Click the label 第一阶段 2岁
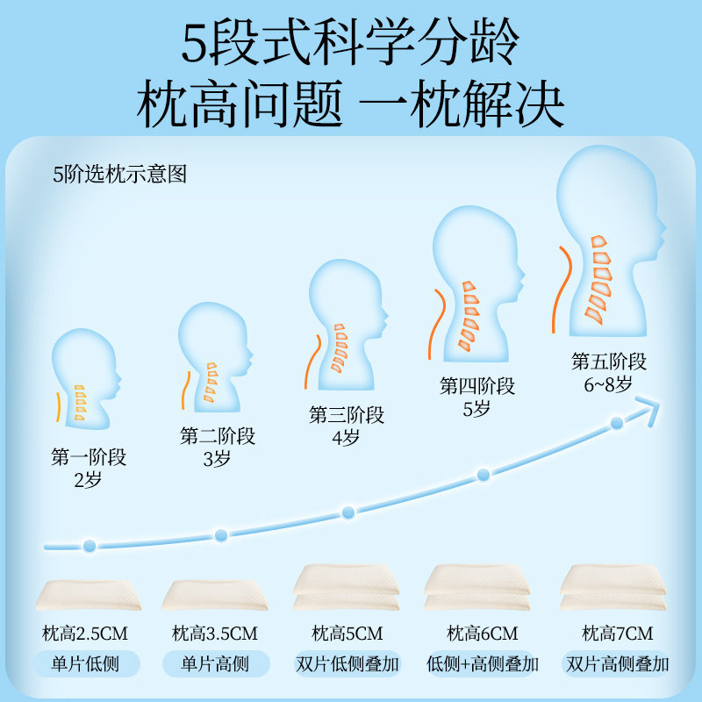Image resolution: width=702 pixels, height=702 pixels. click(x=89, y=469)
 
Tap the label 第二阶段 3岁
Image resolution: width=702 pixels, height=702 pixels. click(x=218, y=447)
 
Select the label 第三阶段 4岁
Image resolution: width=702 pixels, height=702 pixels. click(x=347, y=426)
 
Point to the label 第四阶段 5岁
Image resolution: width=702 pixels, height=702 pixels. click(x=477, y=397)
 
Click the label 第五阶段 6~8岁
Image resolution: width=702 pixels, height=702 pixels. click(x=609, y=372)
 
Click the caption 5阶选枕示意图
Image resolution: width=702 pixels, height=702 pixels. click(x=119, y=174)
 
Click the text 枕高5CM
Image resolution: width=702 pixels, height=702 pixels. click(x=347, y=634)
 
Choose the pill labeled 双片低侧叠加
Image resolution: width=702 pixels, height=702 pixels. click(x=347, y=663)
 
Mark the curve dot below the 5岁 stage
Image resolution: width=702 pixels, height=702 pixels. click(x=483, y=475)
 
